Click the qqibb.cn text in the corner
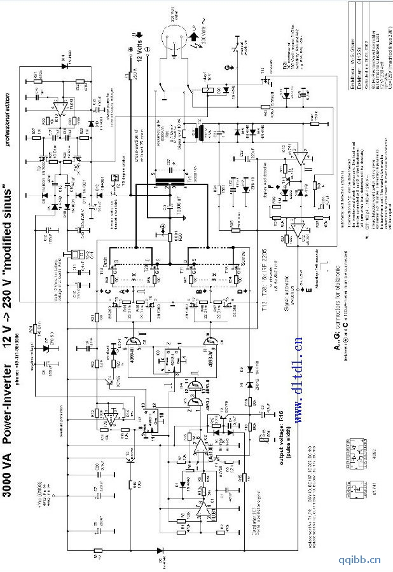(359, 560)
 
